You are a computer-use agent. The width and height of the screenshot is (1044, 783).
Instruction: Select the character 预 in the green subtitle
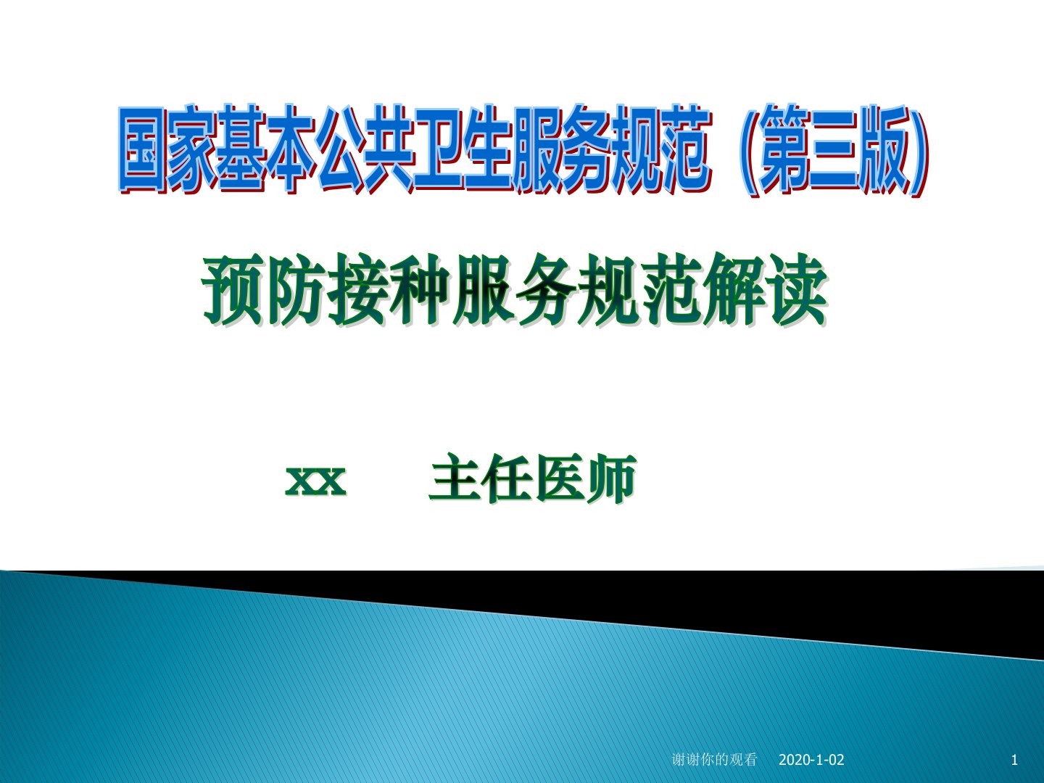[233, 289]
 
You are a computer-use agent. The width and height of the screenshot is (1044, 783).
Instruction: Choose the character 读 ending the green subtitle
[796, 289]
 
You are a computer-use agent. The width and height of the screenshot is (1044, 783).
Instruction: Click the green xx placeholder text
[316, 481]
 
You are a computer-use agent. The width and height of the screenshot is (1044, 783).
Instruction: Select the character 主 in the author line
[455, 478]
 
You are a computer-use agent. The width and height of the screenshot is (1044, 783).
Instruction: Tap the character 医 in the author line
[558, 478]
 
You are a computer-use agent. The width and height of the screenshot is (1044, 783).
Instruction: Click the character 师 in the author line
[610, 478]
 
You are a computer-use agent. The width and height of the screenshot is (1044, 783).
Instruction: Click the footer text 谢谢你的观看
[714, 760]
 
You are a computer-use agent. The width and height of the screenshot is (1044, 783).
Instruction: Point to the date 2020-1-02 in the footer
[811, 760]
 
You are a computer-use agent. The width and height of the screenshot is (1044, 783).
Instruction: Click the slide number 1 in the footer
[1014, 760]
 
